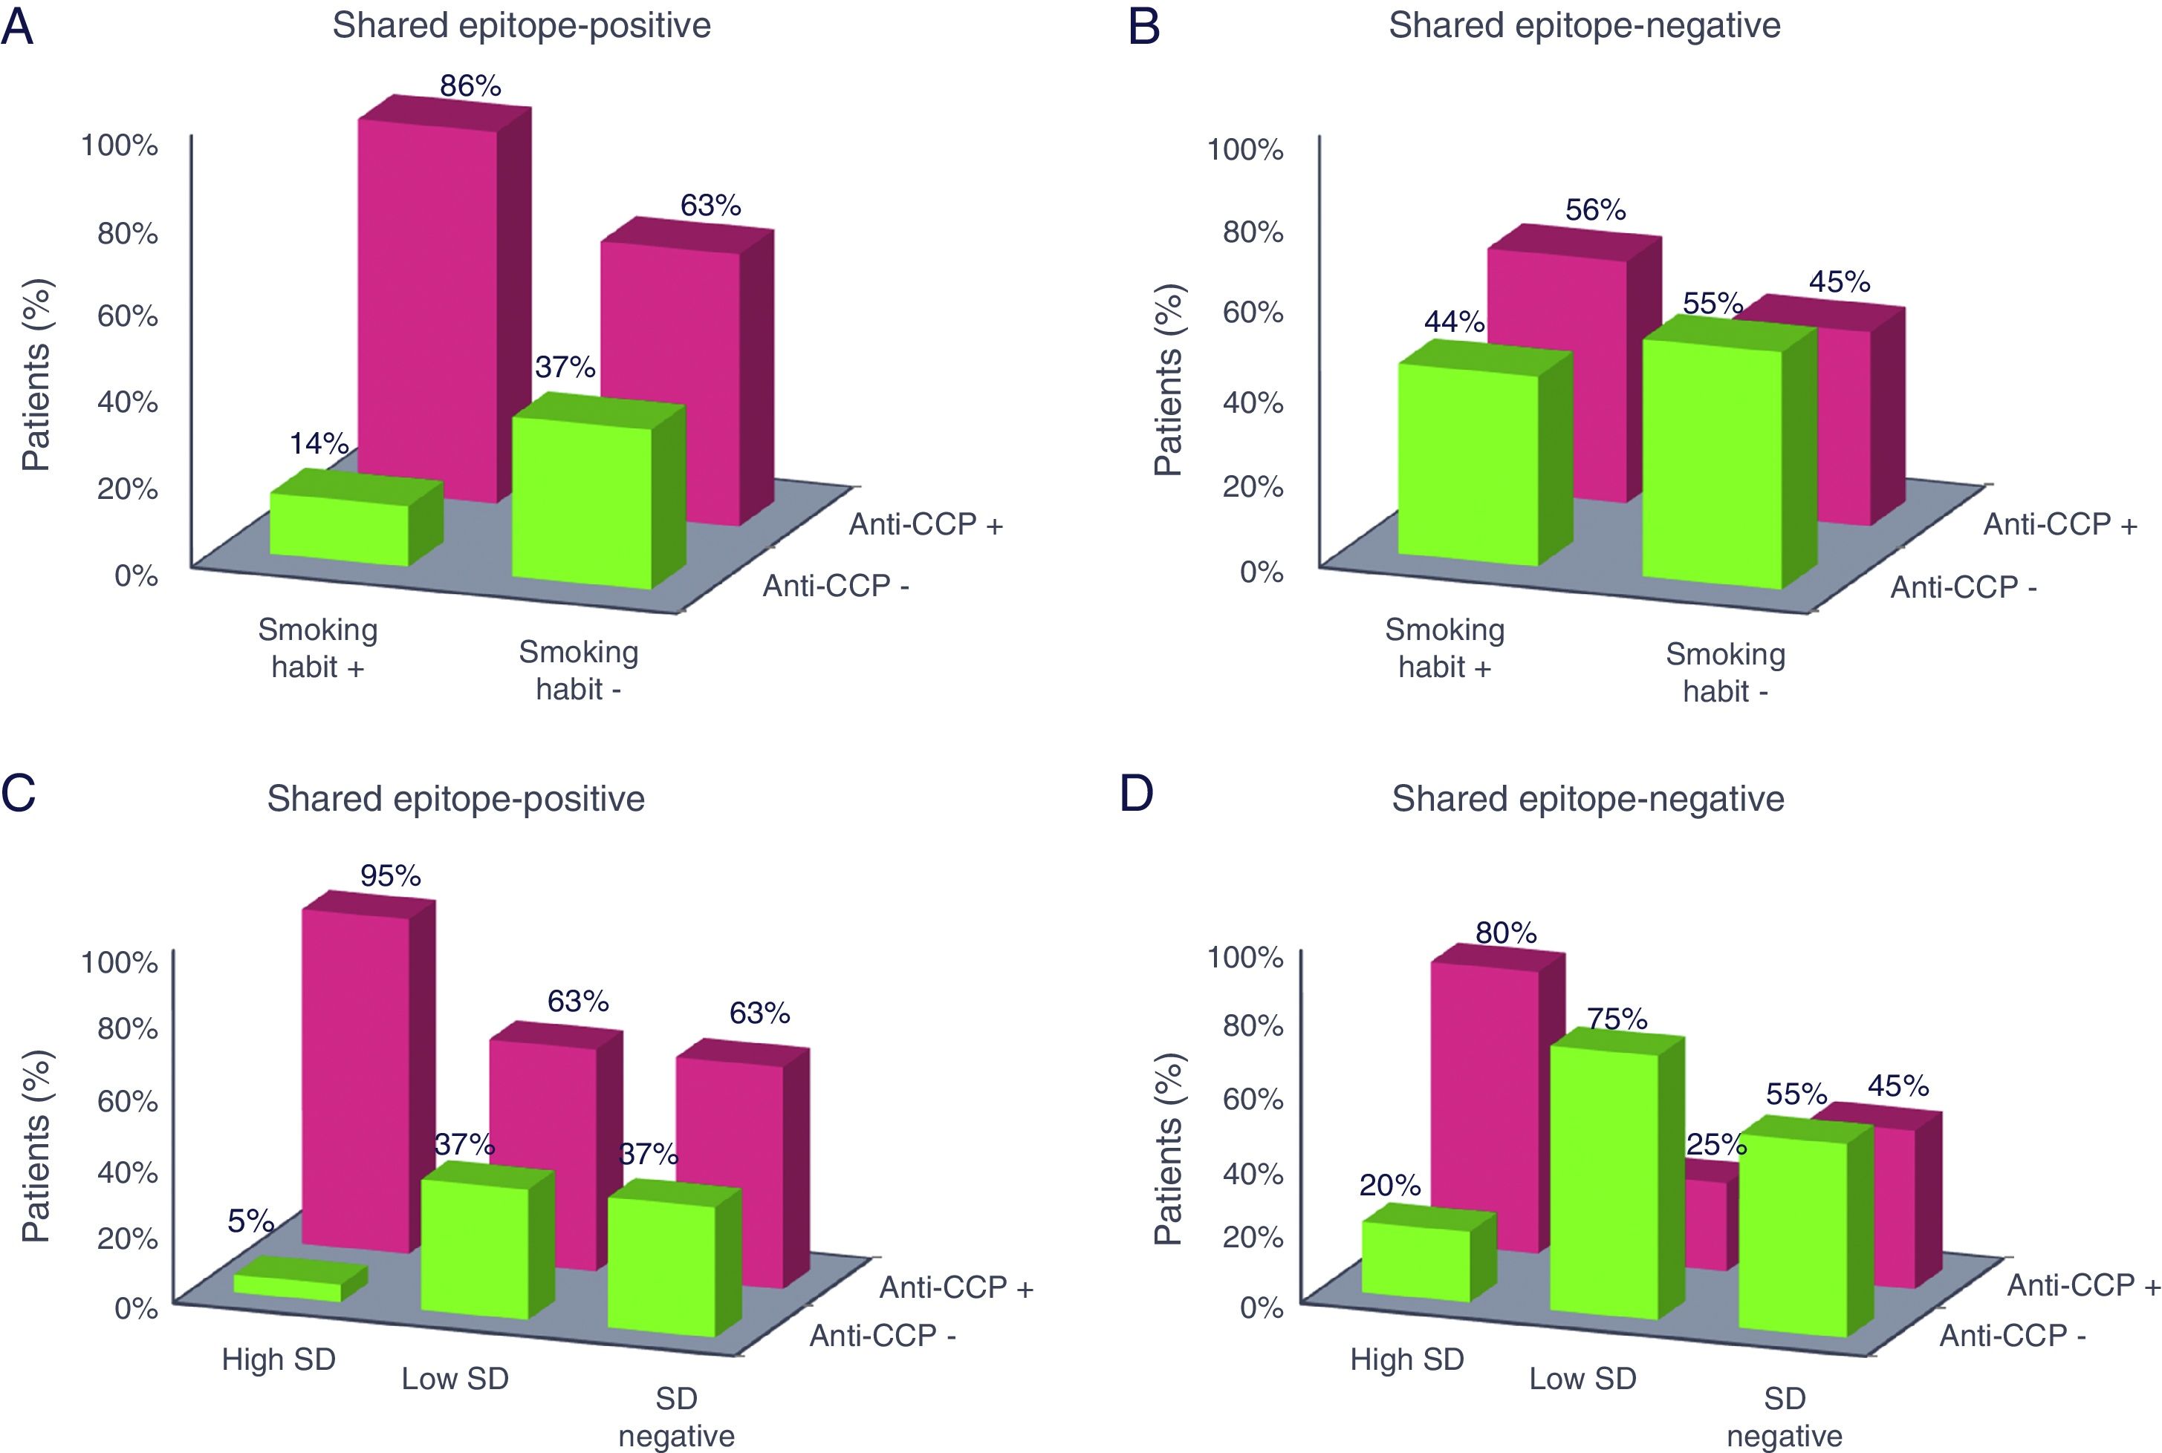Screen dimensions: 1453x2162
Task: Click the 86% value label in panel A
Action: (x=470, y=86)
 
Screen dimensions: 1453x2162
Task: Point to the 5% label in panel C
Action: (x=250, y=1221)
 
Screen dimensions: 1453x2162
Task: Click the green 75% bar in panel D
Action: (x=1604, y=1177)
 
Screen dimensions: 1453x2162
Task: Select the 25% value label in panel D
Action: (x=1716, y=1146)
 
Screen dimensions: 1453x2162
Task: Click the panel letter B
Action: (x=1145, y=27)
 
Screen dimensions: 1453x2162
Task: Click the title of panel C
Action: (x=455, y=799)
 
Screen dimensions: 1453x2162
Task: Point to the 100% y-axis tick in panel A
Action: (x=120, y=146)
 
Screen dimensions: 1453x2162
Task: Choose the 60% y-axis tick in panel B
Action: (x=1253, y=313)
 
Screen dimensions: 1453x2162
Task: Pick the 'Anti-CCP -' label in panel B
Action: (x=1964, y=587)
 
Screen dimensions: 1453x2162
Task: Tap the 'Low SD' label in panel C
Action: (x=455, y=1379)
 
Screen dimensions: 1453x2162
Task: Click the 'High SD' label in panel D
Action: (x=1406, y=1359)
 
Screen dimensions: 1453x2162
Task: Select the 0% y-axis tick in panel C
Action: (x=136, y=1308)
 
